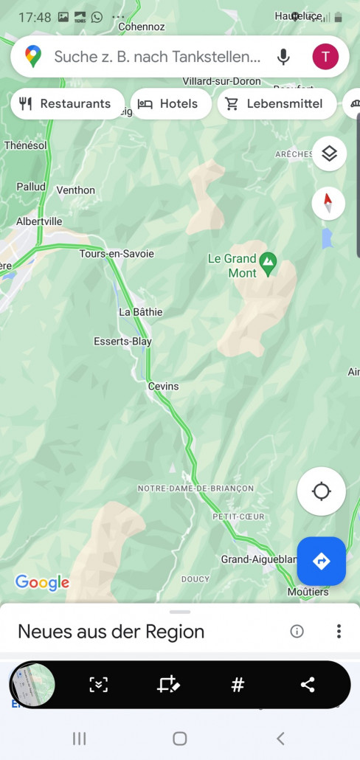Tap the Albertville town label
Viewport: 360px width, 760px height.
point(39,221)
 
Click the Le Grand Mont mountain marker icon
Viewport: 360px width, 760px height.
point(269,261)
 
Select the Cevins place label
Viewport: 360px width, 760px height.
point(163,386)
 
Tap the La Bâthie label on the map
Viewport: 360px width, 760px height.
point(140,312)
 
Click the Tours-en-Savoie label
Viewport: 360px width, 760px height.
point(117,254)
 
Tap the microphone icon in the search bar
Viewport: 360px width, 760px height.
point(283,57)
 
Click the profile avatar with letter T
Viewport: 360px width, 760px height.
point(325,56)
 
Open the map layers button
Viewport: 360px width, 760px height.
point(329,153)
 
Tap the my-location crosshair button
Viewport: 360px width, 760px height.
point(321,491)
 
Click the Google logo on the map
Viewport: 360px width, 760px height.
point(42,583)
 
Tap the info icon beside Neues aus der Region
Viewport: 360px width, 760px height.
point(297,631)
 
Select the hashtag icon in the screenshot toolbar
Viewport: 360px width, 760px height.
point(238,685)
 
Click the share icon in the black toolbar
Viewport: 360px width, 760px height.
point(308,685)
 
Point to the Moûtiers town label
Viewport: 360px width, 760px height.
point(308,592)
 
